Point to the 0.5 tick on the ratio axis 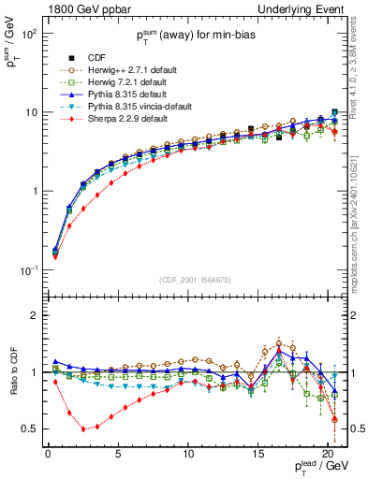[29, 428]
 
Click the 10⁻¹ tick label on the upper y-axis [28, 270]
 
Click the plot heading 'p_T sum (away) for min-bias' [194, 38]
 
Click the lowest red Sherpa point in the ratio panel [83, 429]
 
